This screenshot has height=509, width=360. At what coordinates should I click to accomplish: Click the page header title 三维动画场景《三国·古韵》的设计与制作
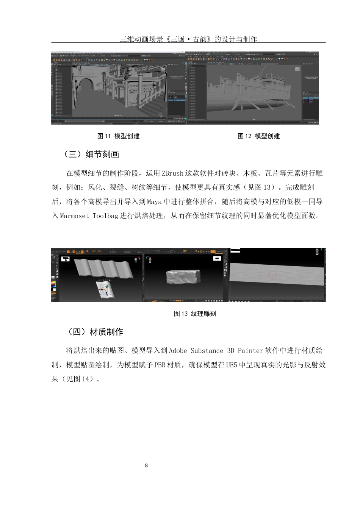188,39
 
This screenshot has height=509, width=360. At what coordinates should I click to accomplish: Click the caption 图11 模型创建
118,136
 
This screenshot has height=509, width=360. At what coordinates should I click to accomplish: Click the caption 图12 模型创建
259,136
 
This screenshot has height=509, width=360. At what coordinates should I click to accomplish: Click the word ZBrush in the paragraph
172,173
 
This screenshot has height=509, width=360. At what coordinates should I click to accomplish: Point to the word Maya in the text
154,202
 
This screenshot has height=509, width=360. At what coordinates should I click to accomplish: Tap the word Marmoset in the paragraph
74,216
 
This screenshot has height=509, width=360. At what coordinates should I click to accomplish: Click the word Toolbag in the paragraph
106,216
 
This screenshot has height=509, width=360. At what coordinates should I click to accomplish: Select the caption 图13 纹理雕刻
195,314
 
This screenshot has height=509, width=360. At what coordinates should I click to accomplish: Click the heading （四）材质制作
95,332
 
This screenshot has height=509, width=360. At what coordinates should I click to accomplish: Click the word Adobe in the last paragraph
178,351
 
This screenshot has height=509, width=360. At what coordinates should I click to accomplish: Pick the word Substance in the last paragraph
207,351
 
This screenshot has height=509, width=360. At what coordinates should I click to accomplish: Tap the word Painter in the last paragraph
250,351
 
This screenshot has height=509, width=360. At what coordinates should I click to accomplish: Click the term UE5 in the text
232,365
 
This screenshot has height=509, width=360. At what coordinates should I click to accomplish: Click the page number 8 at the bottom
147,466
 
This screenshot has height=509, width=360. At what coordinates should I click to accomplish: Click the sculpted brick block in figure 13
183,276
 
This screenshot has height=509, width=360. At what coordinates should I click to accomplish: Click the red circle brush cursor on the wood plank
272,275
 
